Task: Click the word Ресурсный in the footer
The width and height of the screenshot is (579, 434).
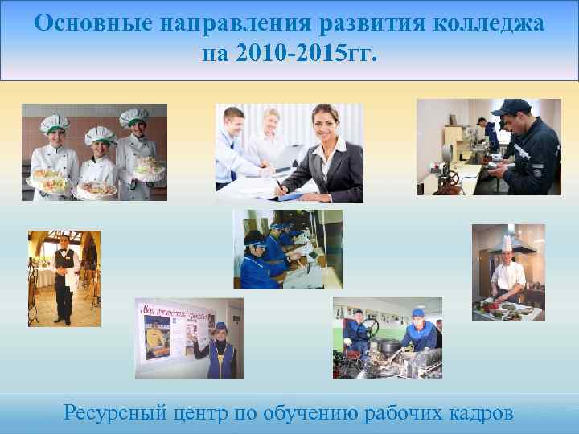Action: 115,413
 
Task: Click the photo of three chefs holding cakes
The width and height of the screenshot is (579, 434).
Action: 94,152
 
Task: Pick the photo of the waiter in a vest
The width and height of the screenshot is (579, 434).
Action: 64,278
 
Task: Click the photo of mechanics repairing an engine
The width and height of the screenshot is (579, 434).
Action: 387,338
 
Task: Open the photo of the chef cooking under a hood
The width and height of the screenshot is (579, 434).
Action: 508,273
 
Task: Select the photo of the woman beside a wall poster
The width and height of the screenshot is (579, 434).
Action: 188,338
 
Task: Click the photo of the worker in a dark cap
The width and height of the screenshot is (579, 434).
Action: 488,147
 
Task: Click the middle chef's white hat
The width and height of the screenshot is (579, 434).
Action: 100,133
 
